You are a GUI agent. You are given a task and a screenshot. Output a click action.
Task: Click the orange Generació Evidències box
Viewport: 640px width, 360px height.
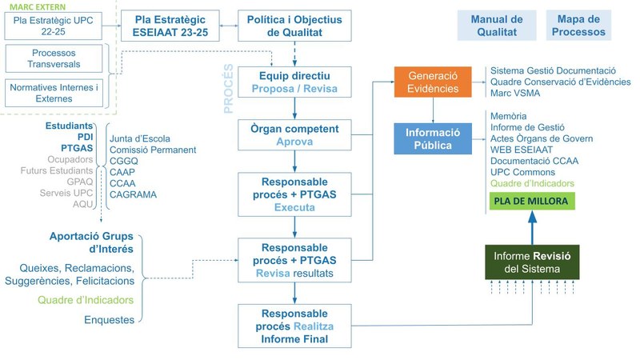click(432, 82)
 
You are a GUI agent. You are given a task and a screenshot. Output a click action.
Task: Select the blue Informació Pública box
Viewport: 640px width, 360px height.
click(432, 138)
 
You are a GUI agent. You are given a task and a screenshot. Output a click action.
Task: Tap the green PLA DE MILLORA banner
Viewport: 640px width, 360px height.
click(531, 201)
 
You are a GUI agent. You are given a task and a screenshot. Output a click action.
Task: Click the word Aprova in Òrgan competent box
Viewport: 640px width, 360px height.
click(294, 141)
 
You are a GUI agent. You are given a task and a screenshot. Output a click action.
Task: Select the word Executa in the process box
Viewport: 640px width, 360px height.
click(294, 207)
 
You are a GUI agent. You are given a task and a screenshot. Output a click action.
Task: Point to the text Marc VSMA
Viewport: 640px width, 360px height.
click(516, 94)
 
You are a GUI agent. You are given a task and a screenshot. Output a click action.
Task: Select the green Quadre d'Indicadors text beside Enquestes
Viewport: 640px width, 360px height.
click(86, 300)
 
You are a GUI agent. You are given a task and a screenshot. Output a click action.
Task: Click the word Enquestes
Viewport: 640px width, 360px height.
click(109, 320)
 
